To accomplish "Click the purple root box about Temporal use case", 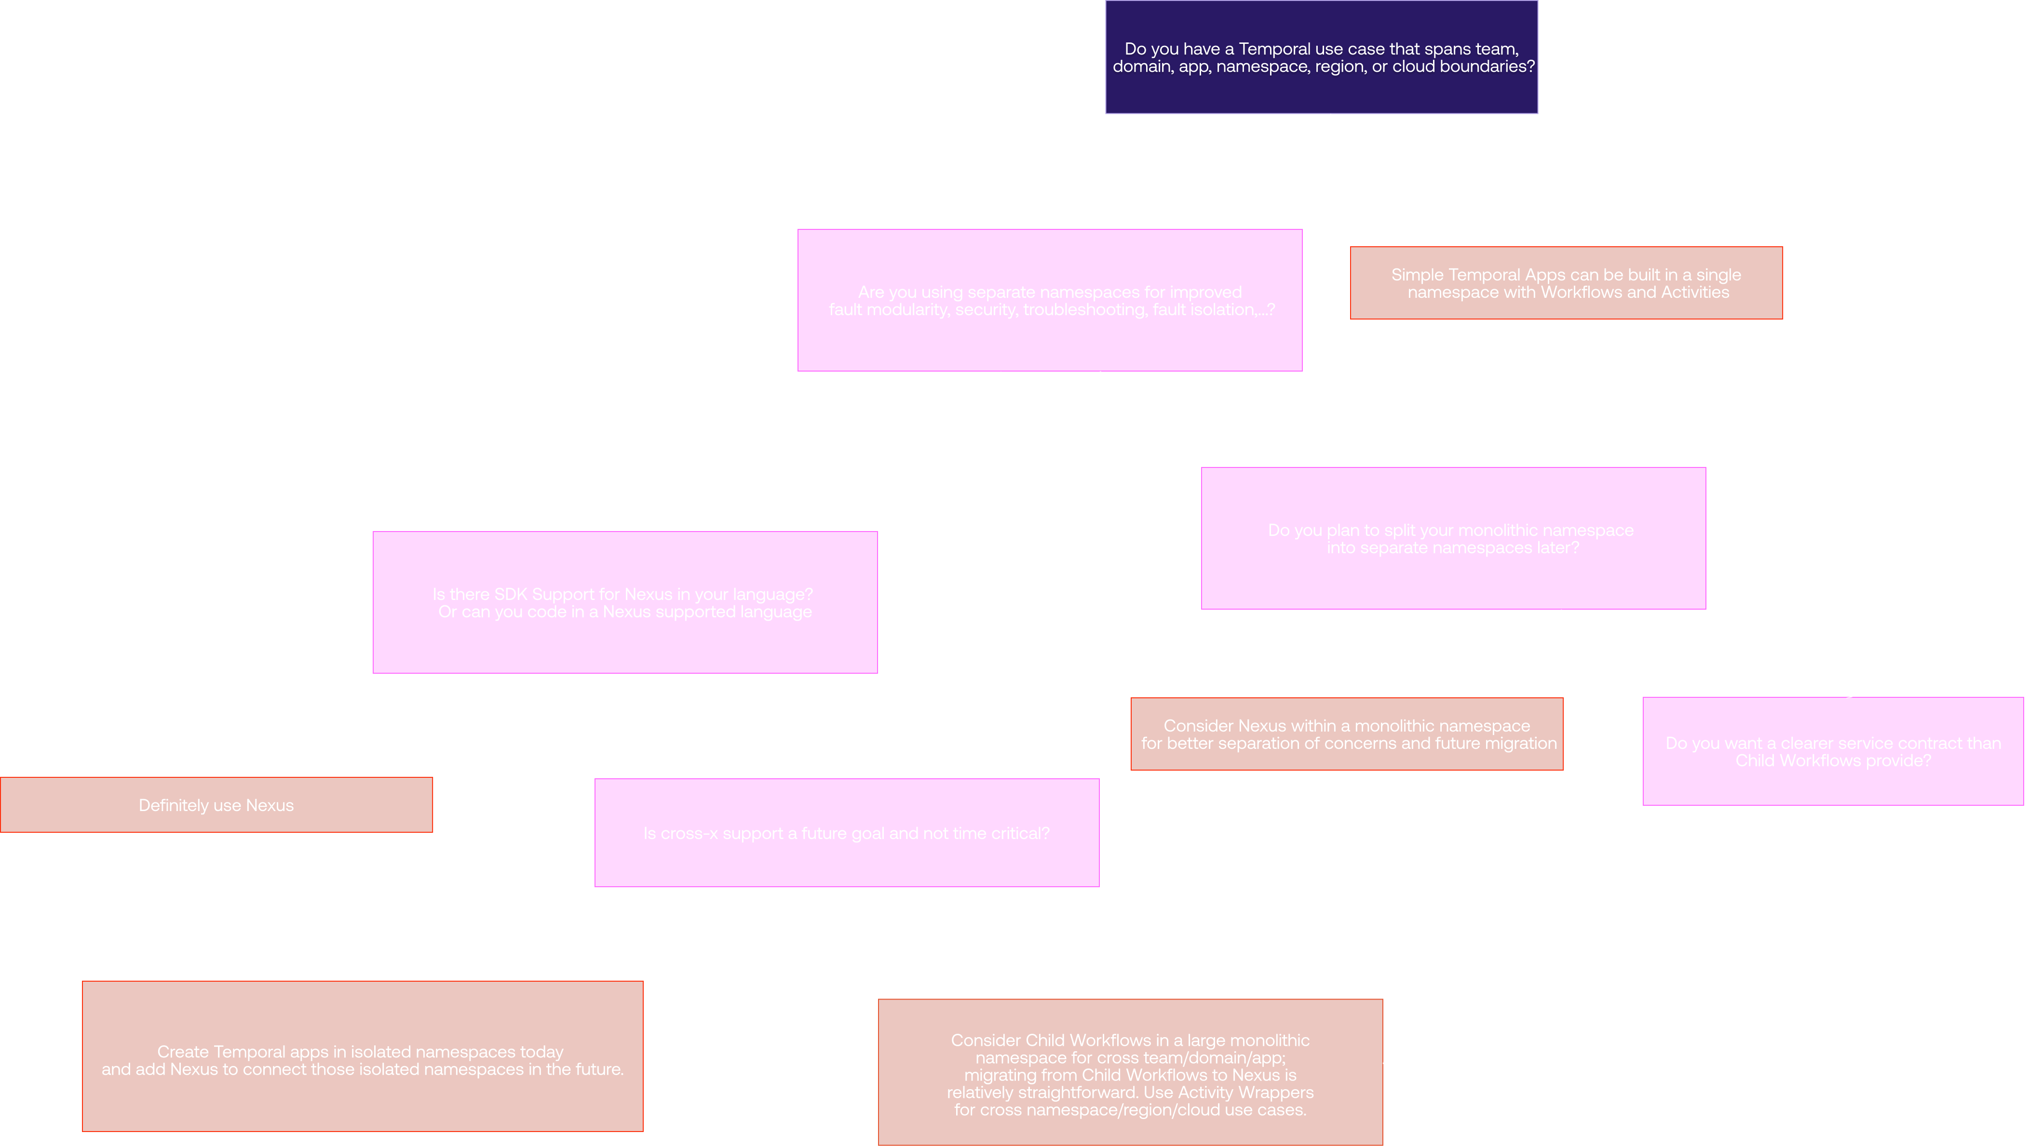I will [1322, 57].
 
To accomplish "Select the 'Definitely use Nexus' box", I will [216, 805].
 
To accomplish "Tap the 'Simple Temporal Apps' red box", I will [1567, 283].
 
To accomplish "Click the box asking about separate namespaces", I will [1050, 300].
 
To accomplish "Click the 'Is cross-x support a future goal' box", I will [847, 833].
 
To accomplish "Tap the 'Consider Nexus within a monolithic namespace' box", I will [1347, 734].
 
